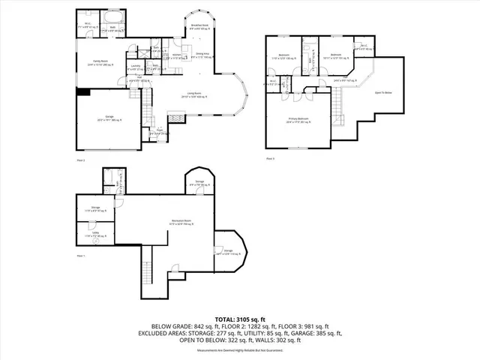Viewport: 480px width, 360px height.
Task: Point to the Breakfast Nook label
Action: tap(199, 25)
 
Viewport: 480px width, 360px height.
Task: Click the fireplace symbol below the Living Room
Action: tap(175, 117)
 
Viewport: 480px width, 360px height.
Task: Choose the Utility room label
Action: tap(96, 235)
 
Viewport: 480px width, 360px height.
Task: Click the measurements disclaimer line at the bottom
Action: tap(240, 350)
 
